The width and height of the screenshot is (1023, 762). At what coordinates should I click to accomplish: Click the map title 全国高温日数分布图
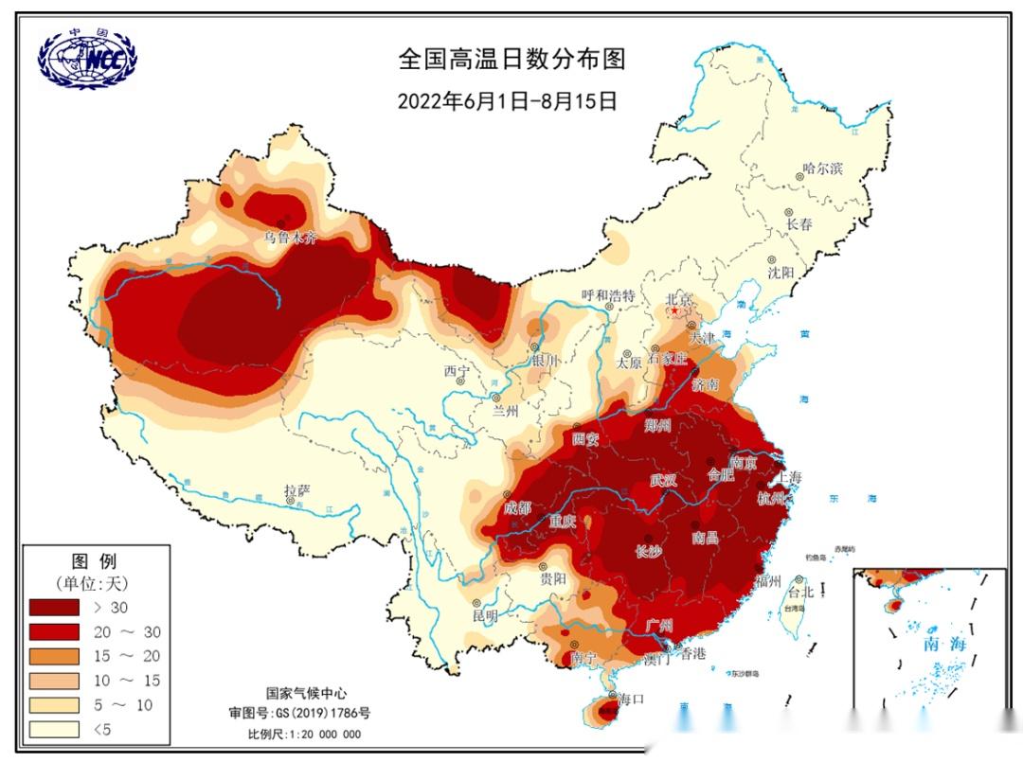[x=511, y=60]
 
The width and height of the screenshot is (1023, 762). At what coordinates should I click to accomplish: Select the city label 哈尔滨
[x=822, y=168]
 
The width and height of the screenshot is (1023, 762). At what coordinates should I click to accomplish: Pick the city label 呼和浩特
[x=607, y=296]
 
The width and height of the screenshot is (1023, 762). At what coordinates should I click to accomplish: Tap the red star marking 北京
[x=674, y=310]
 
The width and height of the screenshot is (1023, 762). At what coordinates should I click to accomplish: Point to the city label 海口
[x=630, y=699]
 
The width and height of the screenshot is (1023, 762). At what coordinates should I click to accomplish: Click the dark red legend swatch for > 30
[x=54, y=607]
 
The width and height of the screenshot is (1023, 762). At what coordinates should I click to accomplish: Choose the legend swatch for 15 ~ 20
[x=54, y=656]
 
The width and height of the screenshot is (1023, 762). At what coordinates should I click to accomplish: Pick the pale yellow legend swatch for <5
[x=54, y=729]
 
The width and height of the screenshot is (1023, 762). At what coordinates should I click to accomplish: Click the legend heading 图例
[x=95, y=561]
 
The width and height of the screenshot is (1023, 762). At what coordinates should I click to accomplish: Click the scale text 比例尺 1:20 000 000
[x=304, y=734]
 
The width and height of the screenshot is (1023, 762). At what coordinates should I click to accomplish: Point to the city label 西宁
[x=457, y=370]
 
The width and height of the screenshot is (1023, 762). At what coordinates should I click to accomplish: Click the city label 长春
[x=799, y=224]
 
